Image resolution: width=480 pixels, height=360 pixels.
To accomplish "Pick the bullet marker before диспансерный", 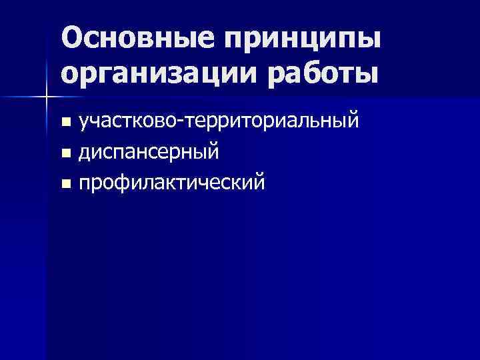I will (65, 153).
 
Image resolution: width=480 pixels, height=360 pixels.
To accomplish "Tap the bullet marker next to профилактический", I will (65, 183).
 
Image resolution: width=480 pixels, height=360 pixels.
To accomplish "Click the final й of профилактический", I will (258, 181).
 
